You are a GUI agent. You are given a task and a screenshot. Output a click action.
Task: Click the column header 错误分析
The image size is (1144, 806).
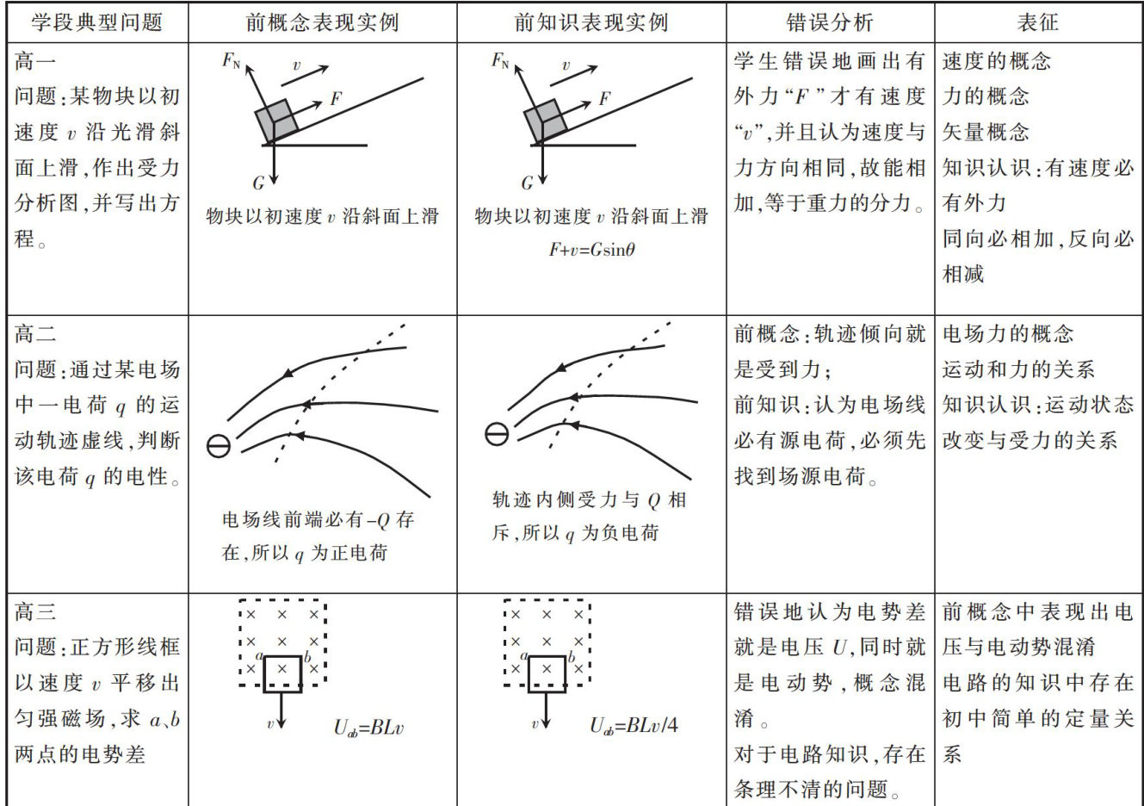click(x=829, y=22)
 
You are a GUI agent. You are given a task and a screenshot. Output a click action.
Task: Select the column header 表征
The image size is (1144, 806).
click(x=1037, y=22)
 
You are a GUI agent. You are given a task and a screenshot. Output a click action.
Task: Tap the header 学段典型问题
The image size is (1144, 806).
click(x=97, y=22)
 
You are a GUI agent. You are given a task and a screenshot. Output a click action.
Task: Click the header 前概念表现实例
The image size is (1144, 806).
click(x=322, y=22)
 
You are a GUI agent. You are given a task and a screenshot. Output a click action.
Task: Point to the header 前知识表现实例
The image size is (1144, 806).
click(x=591, y=22)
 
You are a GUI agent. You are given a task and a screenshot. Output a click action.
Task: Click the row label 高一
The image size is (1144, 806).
click(x=36, y=62)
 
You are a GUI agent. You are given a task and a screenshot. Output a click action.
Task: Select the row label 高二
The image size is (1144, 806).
click(x=36, y=334)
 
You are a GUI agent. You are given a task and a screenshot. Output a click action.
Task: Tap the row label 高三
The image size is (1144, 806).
click(x=36, y=612)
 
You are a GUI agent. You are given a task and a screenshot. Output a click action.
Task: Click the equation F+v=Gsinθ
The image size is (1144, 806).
click(x=591, y=251)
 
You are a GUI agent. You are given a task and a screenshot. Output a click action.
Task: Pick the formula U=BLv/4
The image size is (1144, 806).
click(x=633, y=726)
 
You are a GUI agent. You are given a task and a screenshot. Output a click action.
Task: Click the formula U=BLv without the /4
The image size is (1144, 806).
click(x=368, y=728)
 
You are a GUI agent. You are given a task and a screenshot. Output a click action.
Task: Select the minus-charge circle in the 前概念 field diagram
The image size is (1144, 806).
click(x=219, y=445)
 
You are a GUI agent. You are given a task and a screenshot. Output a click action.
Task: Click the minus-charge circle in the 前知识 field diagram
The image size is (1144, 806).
click(x=497, y=434)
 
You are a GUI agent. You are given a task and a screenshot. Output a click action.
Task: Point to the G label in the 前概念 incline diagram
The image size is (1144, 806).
click(x=258, y=183)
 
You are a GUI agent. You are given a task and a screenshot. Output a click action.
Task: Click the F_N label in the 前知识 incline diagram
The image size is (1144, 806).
click(x=500, y=60)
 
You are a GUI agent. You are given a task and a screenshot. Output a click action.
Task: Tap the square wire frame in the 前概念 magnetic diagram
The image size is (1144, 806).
click(x=282, y=674)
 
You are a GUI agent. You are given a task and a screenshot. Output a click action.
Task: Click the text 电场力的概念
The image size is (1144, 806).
click(x=1008, y=334)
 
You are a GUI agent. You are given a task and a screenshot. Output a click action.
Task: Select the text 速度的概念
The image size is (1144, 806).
click(x=997, y=62)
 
